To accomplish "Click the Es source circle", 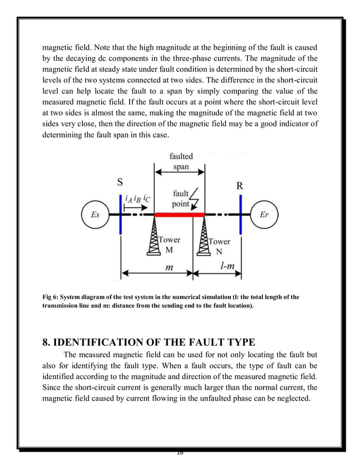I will click(95, 215).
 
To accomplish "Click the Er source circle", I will click(264, 215).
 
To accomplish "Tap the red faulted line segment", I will click(179, 215).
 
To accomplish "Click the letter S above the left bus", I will click(120, 182).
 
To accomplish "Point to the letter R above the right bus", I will click(239, 186).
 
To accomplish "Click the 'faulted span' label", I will click(181, 161).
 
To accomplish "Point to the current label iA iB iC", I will click(138, 198).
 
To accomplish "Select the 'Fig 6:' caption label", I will click(52, 297).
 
